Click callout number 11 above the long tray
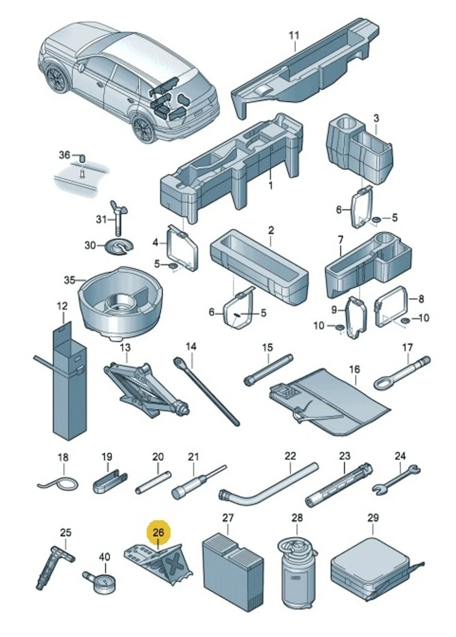tap(294, 36)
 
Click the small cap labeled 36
tap(82, 158)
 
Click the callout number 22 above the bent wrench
tap(290, 456)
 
